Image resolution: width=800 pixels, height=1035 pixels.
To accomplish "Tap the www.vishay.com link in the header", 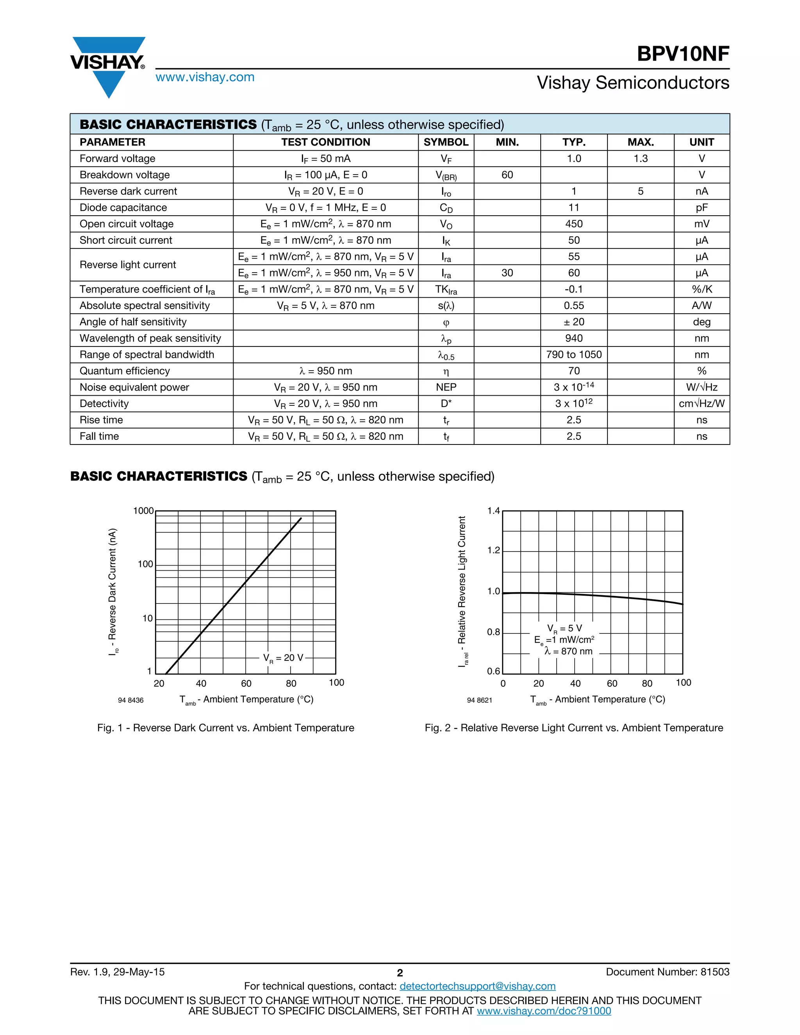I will (205, 77).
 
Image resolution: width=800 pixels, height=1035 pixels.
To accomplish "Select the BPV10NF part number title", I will (682, 54).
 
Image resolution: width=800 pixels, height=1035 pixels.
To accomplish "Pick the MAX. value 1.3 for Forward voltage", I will (640, 159).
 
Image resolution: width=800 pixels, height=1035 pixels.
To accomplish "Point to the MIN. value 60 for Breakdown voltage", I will (507, 175).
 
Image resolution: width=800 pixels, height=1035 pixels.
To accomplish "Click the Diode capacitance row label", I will (123, 207).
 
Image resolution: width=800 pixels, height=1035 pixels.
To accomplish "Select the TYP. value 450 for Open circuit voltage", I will (573, 224).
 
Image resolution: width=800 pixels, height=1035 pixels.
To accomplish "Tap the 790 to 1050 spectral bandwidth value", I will (573, 355).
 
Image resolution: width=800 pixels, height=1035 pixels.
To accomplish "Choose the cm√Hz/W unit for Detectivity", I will (702, 404).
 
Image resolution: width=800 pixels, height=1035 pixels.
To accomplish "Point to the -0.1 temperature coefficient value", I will (573, 289).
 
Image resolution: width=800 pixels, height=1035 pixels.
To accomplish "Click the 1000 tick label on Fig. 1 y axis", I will (143, 511).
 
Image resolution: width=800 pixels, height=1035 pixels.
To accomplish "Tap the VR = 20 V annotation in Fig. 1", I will (283, 658).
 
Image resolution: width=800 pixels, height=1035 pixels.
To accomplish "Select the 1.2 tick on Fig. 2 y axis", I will (493, 550).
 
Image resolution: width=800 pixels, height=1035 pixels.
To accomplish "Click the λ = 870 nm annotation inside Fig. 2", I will (568, 651).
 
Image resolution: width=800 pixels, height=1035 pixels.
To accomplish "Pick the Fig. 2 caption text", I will (573, 728).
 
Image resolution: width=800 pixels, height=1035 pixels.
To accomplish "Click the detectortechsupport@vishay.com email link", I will (477, 986).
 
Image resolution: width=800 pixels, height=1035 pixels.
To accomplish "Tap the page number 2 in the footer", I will (400, 973).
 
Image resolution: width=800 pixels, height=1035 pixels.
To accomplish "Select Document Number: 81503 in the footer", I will (667, 972).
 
